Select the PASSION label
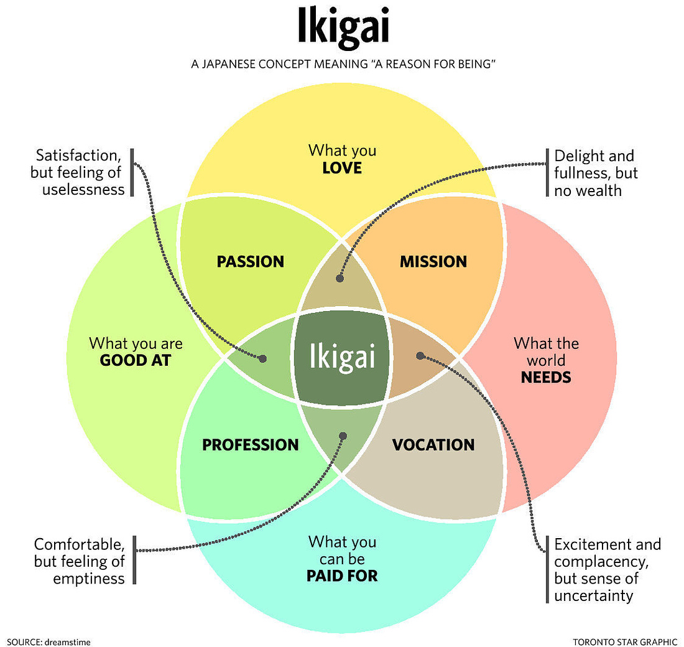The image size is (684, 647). (x=250, y=262)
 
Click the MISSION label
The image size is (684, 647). (x=433, y=262)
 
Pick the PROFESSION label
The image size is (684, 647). (x=251, y=445)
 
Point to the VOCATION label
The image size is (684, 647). (x=433, y=445)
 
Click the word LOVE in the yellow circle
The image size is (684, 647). (x=342, y=168)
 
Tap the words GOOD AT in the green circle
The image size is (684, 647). (x=136, y=360)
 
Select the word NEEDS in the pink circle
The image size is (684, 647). (x=546, y=377)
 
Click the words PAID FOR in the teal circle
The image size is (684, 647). (x=342, y=576)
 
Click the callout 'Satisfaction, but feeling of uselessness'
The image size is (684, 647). (x=78, y=172)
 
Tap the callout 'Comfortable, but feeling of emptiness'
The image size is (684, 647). (x=79, y=561)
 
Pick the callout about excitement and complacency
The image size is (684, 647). (x=607, y=570)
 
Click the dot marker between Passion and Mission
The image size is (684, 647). (x=340, y=279)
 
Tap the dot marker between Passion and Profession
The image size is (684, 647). (x=262, y=358)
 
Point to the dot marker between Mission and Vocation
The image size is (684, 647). (x=420, y=356)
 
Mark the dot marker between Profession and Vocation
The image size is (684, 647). (x=343, y=436)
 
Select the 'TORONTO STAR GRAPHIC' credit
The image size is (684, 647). (x=625, y=640)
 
